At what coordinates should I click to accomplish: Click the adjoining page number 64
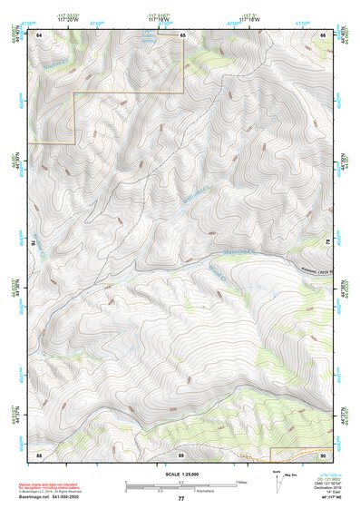click(39, 34)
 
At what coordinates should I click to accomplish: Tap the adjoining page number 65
click(182, 34)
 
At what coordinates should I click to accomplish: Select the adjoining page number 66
click(323, 34)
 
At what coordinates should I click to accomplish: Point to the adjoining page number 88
click(39, 454)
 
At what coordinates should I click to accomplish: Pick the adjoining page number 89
click(180, 454)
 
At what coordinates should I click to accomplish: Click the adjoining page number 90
click(323, 454)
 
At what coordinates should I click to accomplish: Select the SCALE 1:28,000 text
click(180, 475)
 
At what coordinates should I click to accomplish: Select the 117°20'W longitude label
click(67, 19)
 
